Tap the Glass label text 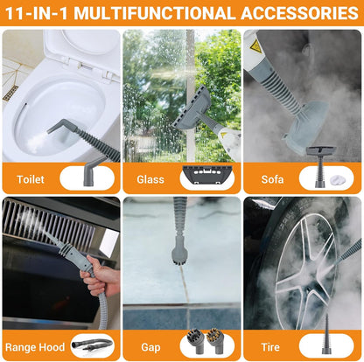click(150, 178)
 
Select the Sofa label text click(272, 178)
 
